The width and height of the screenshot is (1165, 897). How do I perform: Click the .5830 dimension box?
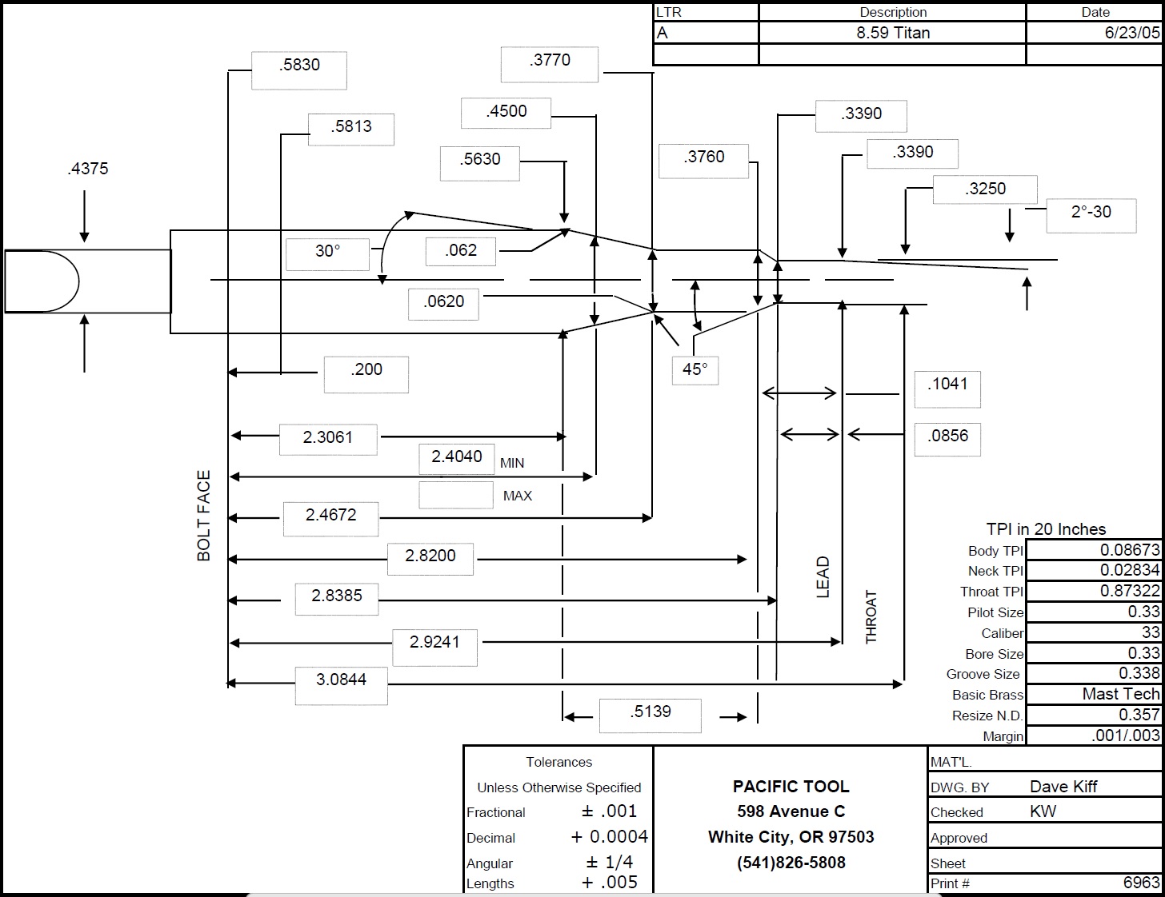[299, 70]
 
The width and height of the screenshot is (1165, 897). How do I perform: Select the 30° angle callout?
[327, 254]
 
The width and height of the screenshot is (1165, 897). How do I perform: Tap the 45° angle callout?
[695, 370]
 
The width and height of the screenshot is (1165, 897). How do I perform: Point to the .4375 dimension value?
[88, 169]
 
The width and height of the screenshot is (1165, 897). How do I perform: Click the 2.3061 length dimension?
[328, 439]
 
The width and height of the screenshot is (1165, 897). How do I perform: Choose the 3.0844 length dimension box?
[341, 685]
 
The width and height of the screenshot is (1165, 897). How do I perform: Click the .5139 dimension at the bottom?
[651, 716]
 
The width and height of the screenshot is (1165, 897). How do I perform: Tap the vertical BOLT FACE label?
[204, 516]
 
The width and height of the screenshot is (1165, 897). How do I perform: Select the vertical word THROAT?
[871, 616]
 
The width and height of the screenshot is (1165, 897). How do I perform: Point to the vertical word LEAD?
[823, 577]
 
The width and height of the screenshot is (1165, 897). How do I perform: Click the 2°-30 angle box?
[1091, 215]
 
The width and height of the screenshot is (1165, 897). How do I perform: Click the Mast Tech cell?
[1093, 694]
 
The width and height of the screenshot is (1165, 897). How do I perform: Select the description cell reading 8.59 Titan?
[893, 33]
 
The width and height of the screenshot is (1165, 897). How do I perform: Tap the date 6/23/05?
[1132, 33]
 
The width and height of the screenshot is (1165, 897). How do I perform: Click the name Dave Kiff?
[1063, 786]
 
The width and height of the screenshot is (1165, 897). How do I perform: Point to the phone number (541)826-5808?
[791, 863]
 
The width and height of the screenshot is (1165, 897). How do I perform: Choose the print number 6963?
[1142, 882]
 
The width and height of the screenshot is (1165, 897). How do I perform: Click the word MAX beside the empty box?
[518, 496]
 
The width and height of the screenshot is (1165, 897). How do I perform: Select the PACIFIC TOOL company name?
[791, 786]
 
